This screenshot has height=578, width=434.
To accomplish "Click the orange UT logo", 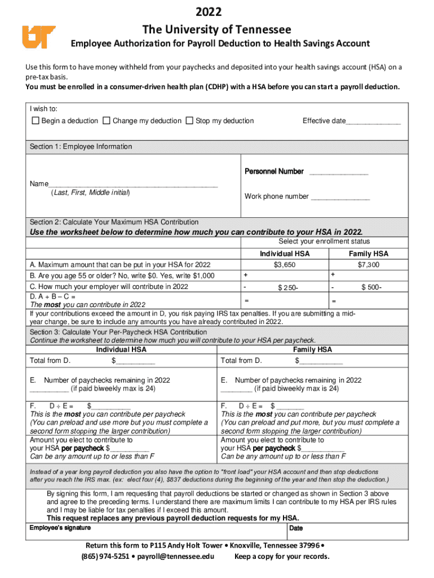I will [39, 37].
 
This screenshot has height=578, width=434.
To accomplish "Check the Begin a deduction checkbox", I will [36, 121].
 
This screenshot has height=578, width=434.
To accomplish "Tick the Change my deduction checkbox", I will [107, 121].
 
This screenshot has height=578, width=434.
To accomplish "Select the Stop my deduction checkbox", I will [189, 121].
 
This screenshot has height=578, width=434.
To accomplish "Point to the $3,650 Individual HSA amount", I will [285, 265].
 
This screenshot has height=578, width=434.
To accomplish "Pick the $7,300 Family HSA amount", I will [368, 265].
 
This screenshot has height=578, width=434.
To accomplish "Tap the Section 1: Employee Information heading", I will [81, 147].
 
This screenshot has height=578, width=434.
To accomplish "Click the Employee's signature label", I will [60, 528].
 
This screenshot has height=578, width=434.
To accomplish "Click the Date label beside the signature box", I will [296, 528].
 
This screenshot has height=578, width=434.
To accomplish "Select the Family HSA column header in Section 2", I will [368, 254].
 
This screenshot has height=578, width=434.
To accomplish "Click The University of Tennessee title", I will [217, 29].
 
